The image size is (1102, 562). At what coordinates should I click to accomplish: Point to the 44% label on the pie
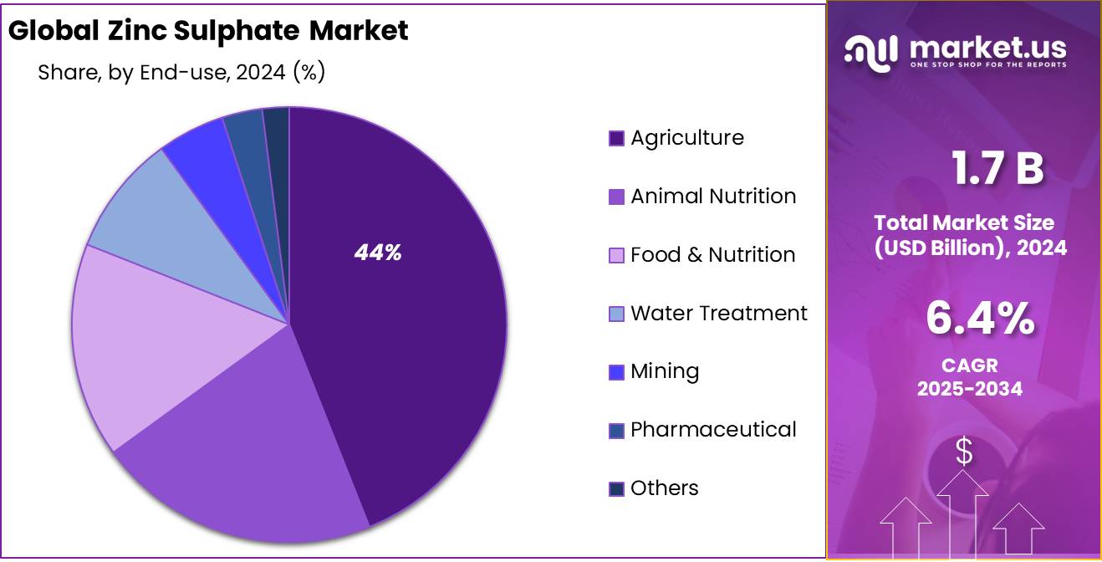378,253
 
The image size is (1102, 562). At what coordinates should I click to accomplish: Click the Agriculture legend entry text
686,138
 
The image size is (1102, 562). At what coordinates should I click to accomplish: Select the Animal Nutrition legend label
712,197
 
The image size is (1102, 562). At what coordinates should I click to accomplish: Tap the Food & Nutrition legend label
712,255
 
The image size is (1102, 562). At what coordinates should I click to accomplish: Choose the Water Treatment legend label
718,314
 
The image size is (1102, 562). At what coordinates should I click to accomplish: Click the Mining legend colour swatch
616,372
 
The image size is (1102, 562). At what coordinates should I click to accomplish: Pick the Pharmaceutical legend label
712,430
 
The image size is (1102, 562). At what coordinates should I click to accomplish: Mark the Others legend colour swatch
616,488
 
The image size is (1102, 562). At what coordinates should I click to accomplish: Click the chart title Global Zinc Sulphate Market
208,31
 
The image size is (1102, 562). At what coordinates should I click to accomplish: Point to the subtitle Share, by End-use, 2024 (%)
181,73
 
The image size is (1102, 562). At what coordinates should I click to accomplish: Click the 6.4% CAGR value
979,319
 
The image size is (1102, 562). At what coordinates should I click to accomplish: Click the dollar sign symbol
964,452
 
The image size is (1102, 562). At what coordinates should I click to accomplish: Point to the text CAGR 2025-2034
970,377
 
